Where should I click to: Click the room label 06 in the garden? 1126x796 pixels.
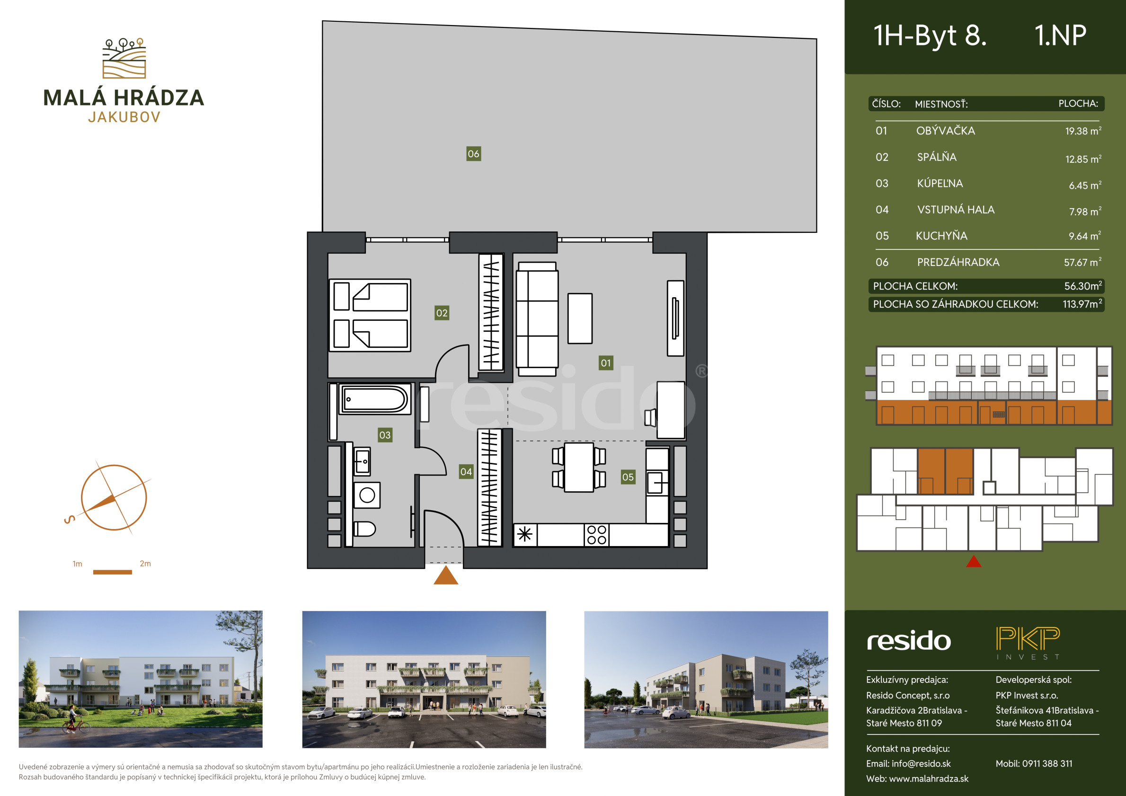pos(473,154)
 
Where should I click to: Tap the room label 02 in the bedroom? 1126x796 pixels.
pos(442,313)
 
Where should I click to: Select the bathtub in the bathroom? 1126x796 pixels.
pos(376,399)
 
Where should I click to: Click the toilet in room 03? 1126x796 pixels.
pos(364,529)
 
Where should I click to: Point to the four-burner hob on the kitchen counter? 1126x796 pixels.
pos(597,535)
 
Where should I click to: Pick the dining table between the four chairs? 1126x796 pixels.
pos(579,467)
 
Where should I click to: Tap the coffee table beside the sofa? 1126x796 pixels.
pos(580,318)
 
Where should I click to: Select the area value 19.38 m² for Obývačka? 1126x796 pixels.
pos(1083,131)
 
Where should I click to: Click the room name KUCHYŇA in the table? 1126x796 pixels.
pos(941,236)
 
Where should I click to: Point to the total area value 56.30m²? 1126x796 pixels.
pos(1083,286)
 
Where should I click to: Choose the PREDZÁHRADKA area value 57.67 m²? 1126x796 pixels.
pos(1082,262)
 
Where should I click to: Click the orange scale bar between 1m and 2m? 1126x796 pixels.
pos(112,572)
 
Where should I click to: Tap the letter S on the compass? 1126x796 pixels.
pos(70,519)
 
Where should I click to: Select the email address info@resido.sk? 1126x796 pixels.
pos(921,764)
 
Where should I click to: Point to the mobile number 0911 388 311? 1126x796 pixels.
pos(1047,764)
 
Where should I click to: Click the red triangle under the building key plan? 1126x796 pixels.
pos(974,561)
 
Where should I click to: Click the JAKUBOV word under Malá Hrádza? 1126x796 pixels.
pos(124,117)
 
